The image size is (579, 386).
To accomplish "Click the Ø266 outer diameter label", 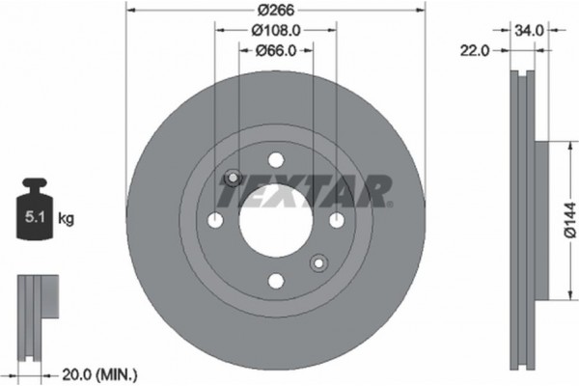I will pos(275,11).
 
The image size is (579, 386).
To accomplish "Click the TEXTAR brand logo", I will pos(303,191).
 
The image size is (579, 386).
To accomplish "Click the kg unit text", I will pos(65,219).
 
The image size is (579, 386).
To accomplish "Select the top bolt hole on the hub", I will pos(275,160).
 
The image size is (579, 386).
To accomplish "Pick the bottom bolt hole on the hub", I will pos(275,281).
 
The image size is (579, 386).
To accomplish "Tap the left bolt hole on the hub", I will pos(215,221).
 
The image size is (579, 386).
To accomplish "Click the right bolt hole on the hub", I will pos(336,221).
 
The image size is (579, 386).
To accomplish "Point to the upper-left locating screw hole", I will pos(232,179).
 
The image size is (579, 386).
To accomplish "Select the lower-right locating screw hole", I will pos(317,262).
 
